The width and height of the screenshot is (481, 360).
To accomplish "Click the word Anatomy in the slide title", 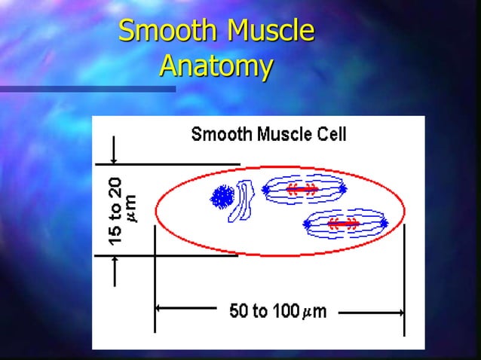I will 216,66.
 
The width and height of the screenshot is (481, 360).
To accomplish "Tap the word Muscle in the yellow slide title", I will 269,32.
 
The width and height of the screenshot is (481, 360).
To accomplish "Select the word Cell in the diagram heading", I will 331,135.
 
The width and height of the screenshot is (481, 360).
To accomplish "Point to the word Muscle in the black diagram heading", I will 279,135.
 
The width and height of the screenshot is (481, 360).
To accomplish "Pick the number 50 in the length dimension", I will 239,311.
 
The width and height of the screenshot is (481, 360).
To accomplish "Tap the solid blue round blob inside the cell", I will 222,197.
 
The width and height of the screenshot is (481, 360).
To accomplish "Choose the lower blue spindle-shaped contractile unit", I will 345,223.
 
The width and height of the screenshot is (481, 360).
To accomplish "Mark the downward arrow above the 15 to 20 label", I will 113,150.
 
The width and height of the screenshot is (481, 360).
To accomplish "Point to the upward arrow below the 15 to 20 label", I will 113,270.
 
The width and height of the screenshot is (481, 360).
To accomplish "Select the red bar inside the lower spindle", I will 344,223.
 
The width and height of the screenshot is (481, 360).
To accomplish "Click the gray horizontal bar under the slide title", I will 87,89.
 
